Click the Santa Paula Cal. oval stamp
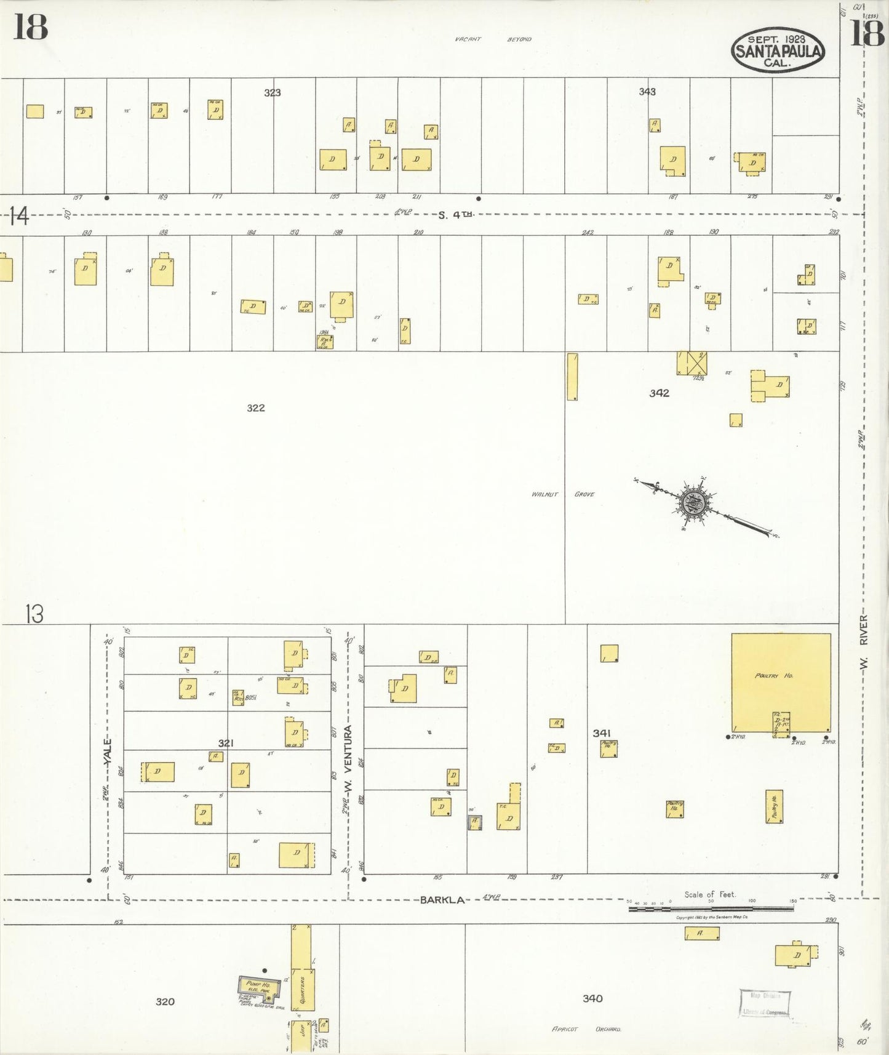pos(778,50)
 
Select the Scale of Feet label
pos(709,894)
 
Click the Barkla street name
pos(442,900)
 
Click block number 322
pos(255,407)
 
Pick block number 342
pos(659,393)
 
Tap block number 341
pos(601,733)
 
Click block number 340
pos(592,998)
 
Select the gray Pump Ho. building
pos(258,987)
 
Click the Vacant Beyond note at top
pos(493,39)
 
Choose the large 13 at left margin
pos(34,614)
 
